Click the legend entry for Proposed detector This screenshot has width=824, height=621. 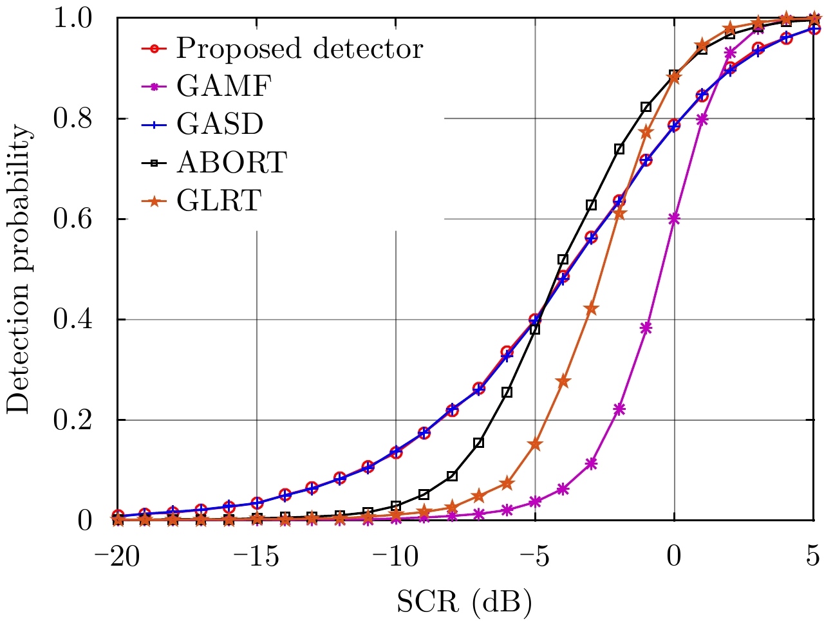(299, 48)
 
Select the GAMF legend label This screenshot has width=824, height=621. (224, 86)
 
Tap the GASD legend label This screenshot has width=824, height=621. (220, 124)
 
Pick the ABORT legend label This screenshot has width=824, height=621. (231, 162)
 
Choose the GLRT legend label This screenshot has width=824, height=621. (219, 200)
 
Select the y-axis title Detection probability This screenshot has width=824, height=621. (19, 269)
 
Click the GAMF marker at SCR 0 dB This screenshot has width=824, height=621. (674, 219)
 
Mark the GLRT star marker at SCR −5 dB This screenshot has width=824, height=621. (535, 444)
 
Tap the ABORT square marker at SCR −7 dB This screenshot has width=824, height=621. (479, 443)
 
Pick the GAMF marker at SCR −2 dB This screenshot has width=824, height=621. (619, 409)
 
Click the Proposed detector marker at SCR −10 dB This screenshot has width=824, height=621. (396, 452)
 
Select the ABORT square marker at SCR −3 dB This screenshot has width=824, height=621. (591, 205)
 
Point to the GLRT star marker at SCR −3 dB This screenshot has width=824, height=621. (591, 309)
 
